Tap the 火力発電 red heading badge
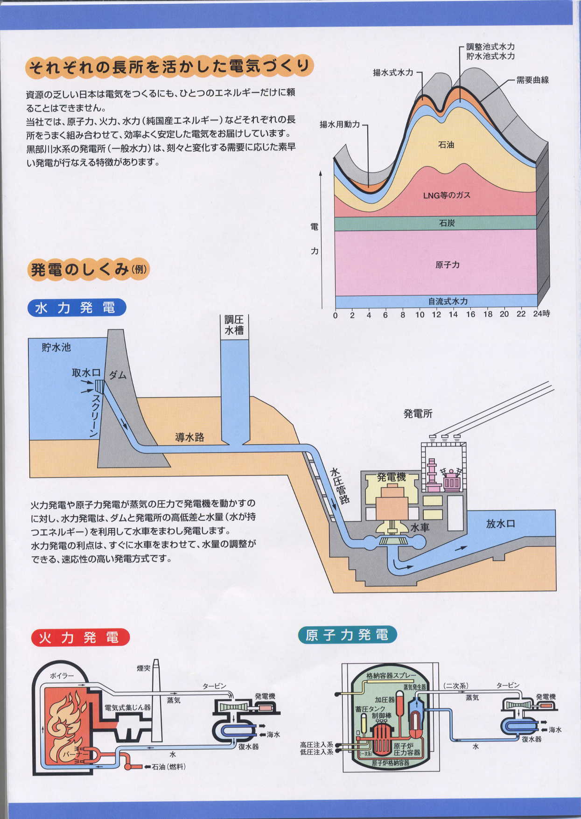(80, 637)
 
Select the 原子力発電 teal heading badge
(347, 635)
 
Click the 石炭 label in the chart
(447, 224)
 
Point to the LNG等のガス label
(447, 196)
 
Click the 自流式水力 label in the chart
(448, 301)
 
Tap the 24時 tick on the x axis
(541, 314)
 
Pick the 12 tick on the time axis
(436, 315)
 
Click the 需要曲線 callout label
(532, 80)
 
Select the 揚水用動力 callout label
(340, 125)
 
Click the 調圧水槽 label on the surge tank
(234, 325)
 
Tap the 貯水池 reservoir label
(56, 348)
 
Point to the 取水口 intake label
(86, 373)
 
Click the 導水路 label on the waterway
(189, 438)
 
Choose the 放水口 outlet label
(500, 524)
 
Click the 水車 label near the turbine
(420, 528)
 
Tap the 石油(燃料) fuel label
(168, 767)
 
